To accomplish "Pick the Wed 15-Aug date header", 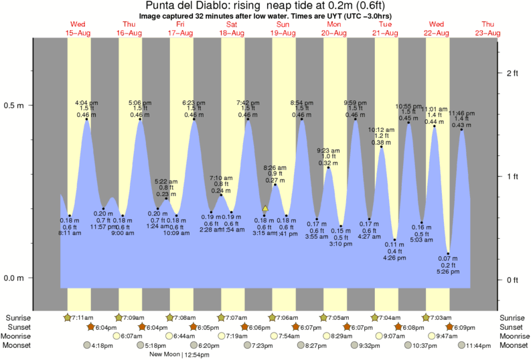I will (78, 27).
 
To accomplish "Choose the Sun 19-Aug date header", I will (283, 27).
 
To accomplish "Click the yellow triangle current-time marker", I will (265, 209).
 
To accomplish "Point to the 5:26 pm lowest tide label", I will (449, 272).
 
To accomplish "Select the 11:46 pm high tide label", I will (462, 113).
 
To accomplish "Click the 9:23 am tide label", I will (328, 151).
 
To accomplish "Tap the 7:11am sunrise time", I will (83, 317).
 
